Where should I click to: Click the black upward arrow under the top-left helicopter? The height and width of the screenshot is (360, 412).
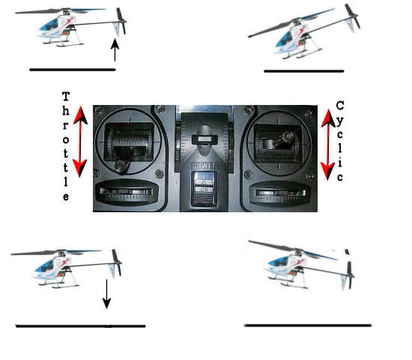pyautogui.click(x=115, y=50)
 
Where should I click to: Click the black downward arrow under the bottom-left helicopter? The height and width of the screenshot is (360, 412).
pyautogui.click(x=106, y=294)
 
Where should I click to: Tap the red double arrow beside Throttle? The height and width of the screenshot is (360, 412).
pyautogui.click(x=80, y=142)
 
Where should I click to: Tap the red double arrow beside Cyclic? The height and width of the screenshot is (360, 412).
pyautogui.click(x=328, y=145)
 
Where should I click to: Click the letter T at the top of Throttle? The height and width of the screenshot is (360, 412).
pyautogui.click(x=66, y=96)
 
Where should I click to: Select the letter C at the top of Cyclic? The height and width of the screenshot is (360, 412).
pyautogui.click(x=340, y=106)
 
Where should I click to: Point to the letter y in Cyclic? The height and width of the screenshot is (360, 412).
pyautogui.click(x=340, y=121)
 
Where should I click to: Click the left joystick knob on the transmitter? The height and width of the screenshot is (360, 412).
pyautogui.click(x=121, y=166)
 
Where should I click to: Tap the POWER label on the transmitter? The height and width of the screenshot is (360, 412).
pyautogui.click(x=205, y=166)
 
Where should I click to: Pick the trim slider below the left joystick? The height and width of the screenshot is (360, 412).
pyautogui.click(x=127, y=192)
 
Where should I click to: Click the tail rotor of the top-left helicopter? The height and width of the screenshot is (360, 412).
pyautogui.click(x=121, y=21)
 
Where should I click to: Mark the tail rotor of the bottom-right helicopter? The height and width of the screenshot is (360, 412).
pyautogui.click(x=350, y=275)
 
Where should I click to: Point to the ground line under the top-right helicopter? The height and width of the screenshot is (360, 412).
pyautogui.click(x=304, y=71)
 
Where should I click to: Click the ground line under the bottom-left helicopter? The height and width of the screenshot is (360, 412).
pyautogui.click(x=80, y=326)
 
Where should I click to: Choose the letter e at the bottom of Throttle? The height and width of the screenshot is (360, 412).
pyautogui.click(x=66, y=196)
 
